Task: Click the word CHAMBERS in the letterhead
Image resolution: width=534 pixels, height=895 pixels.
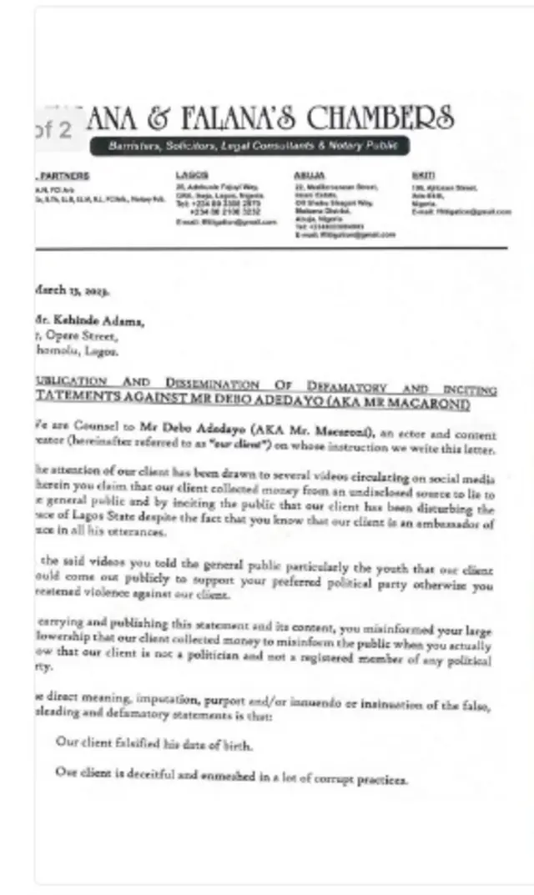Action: click(380, 117)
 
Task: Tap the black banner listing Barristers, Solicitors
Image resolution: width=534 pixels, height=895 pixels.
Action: click(258, 146)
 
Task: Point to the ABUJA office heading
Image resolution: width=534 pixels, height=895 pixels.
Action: click(304, 176)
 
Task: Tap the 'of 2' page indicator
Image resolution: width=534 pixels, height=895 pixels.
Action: click(56, 130)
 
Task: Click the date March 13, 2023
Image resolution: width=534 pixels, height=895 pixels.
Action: click(72, 290)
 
